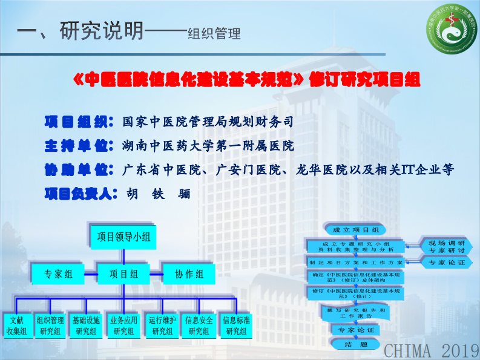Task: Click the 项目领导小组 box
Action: [123, 237]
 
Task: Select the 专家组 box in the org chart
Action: [58, 274]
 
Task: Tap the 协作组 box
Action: [189, 274]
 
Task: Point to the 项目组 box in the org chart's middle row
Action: [123, 274]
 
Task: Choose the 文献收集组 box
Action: [16, 326]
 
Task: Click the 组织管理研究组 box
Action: [50, 326]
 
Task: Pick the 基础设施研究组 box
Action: [86, 326]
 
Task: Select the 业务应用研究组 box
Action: [123, 326]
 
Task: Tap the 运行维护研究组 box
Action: [162, 326]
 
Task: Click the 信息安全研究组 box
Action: [199, 326]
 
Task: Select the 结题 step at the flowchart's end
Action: [355, 344]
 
